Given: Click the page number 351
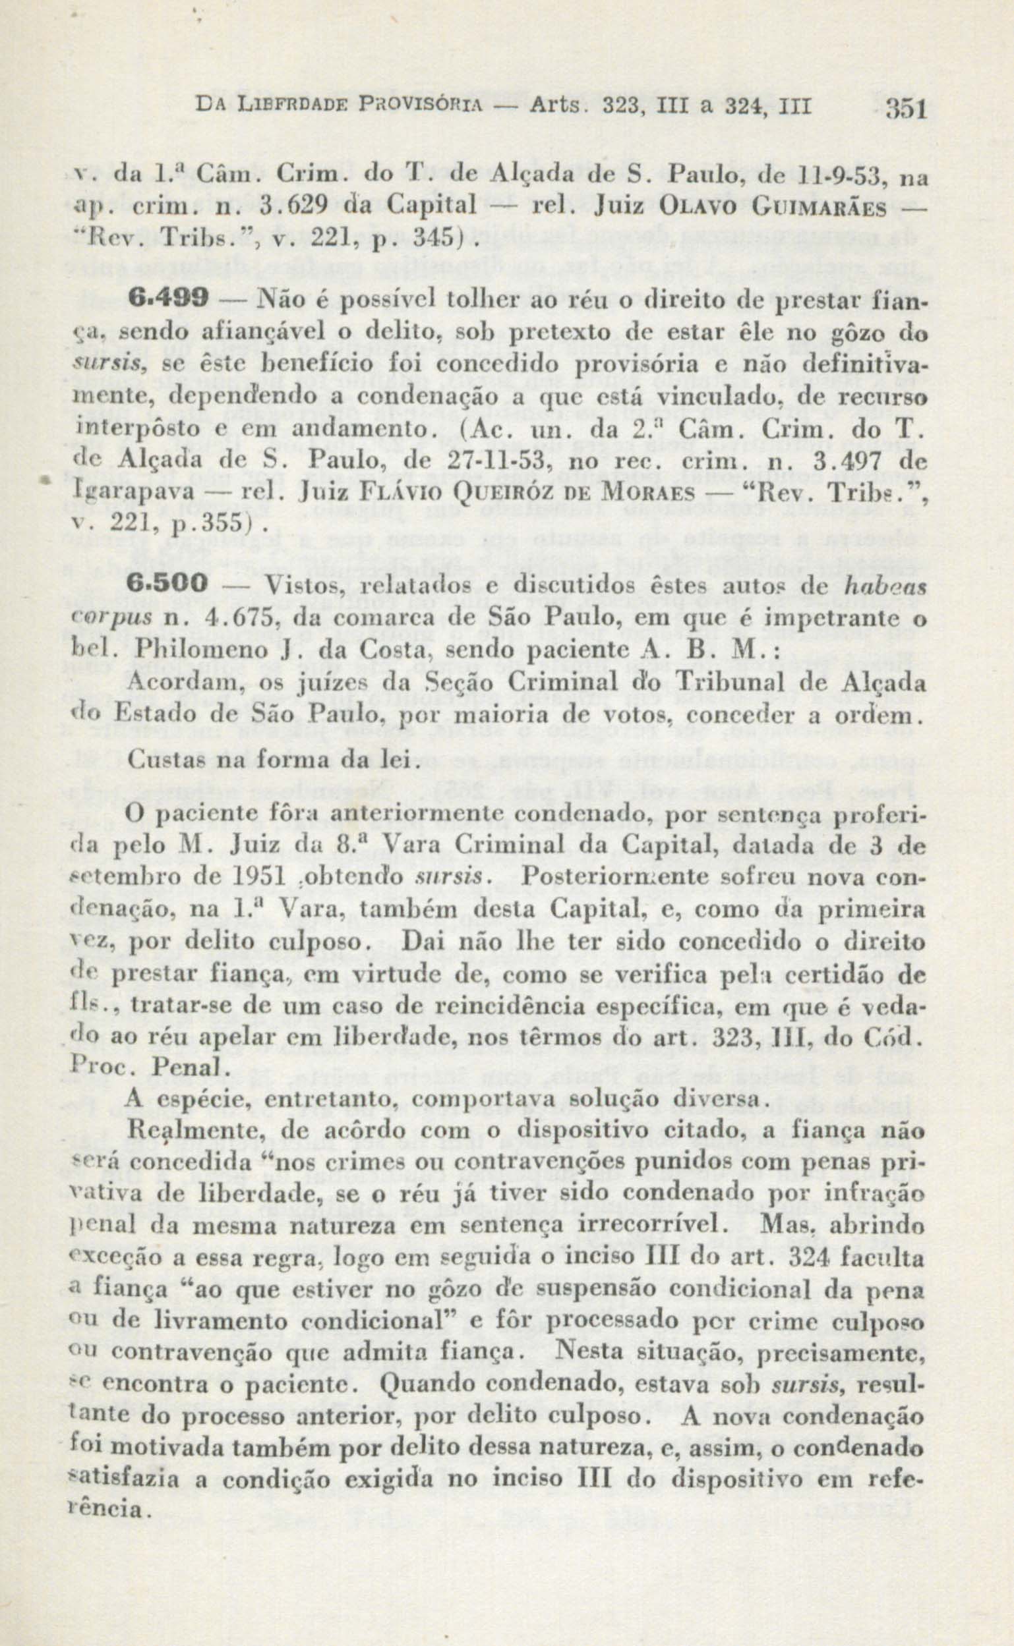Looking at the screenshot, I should pyautogui.click(x=905, y=108).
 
